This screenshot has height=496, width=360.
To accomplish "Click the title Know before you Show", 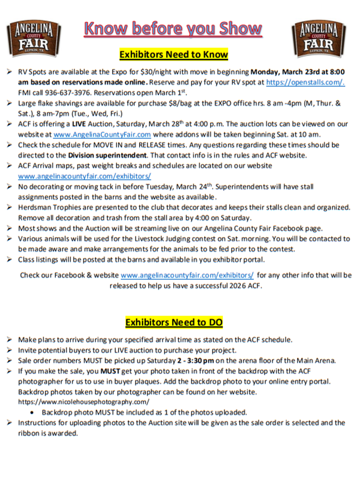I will [173, 29].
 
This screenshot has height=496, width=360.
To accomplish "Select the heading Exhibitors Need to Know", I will [173, 55].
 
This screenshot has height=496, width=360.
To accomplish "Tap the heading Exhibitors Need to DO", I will [174, 322].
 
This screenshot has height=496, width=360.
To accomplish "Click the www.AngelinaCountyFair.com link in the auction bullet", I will [102, 134].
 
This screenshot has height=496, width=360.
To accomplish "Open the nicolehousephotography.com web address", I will [83, 402].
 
